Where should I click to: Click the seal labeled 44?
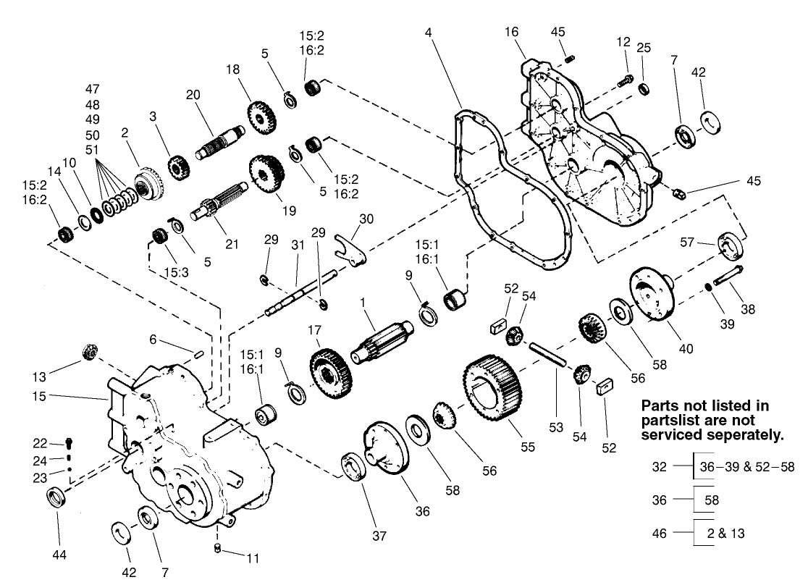click(56, 499)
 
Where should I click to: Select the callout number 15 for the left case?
click(39, 396)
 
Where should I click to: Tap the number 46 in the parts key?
click(660, 533)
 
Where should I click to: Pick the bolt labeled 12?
click(626, 82)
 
